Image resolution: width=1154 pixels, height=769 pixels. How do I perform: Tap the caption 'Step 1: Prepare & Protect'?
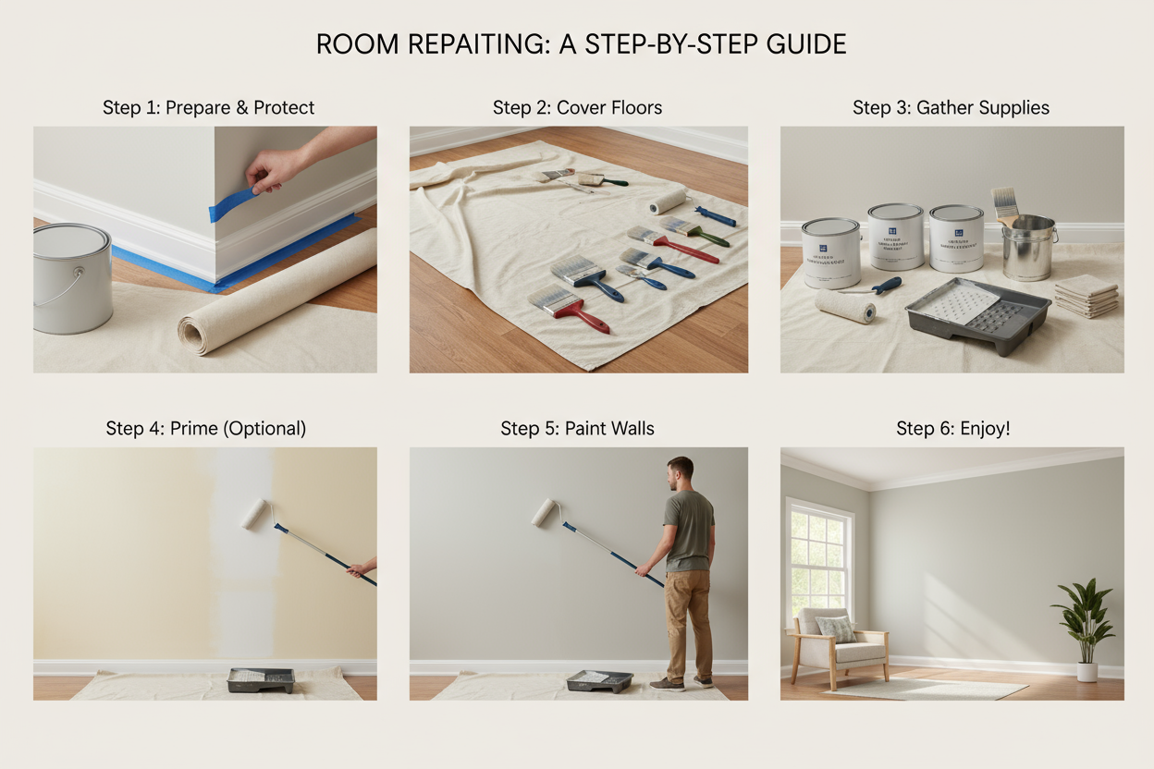(x=208, y=107)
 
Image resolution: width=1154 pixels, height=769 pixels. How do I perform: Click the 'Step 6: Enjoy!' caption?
(x=952, y=428)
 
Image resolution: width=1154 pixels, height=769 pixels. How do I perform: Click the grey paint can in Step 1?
(x=72, y=277)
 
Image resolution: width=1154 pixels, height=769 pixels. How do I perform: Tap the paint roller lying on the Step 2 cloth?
(x=668, y=201)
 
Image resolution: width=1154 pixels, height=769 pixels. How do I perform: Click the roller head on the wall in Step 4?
(x=255, y=513)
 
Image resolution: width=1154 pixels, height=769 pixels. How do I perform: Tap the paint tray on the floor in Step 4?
(x=261, y=680)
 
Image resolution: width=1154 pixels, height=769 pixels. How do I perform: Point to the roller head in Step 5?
(x=544, y=513)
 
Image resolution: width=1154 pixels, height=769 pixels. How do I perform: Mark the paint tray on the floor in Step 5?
(x=599, y=680)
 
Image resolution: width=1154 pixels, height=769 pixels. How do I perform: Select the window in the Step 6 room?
(x=817, y=555)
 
